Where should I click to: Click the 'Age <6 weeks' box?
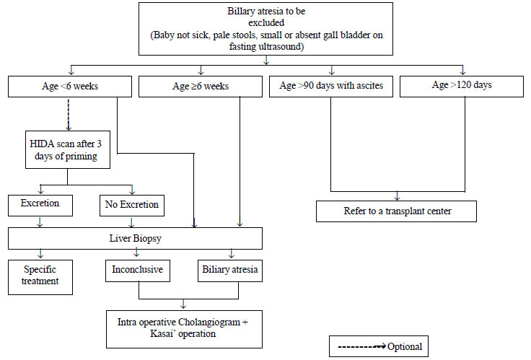coord(70,87)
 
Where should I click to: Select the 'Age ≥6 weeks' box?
coord(201,87)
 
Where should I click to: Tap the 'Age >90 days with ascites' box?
coord(331,87)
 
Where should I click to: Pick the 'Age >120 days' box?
coord(462,87)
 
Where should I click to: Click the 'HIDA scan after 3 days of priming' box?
coord(68,149)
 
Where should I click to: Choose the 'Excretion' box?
coord(40,205)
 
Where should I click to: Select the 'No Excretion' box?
coord(132,205)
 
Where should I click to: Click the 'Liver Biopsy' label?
coord(135,238)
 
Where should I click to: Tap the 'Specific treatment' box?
coord(40,277)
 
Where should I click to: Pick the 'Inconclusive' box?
coord(138,271)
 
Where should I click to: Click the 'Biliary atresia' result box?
coord(230,271)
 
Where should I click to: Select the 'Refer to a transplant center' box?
coord(396,211)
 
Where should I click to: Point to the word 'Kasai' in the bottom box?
coord(162,333)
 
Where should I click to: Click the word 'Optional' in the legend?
coord(405,346)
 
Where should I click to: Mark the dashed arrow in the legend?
coord(361,346)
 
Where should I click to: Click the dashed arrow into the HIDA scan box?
coord(69,115)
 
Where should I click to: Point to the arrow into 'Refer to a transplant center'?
coord(398,196)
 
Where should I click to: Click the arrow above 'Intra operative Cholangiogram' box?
coord(183,304)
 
